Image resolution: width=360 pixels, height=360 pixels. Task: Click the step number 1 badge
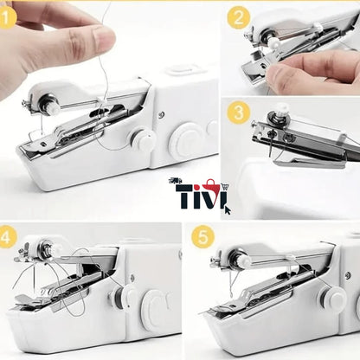8,15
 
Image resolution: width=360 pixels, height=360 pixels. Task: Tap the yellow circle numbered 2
240,16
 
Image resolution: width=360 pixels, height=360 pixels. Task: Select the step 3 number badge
240,112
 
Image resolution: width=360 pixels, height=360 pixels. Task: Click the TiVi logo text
198,198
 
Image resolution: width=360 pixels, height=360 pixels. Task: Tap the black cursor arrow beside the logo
227,208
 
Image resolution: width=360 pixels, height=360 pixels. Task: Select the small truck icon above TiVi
177,182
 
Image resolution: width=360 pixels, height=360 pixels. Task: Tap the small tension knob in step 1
143,139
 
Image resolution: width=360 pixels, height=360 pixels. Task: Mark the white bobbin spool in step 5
243,258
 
